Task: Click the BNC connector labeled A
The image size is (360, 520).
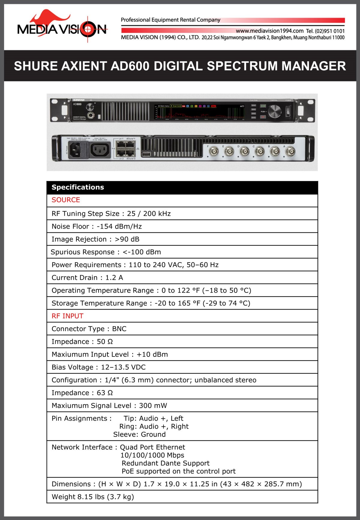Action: pyautogui.click(x=290, y=152)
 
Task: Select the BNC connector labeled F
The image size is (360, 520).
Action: pyautogui.click(x=214, y=152)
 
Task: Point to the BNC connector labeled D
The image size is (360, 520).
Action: pyautogui.click(x=244, y=152)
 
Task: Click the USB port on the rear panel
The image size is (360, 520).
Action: pyautogui.click(x=146, y=154)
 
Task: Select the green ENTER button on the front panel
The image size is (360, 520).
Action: pyautogui.click(x=263, y=106)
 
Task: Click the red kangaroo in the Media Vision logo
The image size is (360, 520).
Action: pyautogui.click(x=48, y=18)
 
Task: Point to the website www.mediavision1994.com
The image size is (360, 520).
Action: pyautogui.click(x=269, y=31)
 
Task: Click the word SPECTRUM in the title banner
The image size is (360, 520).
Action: pyautogui.click(x=243, y=66)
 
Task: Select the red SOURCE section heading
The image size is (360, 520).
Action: pyautogui.click(x=66, y=200)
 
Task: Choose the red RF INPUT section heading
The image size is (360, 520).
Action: pyautogui.click(x=67, y=316)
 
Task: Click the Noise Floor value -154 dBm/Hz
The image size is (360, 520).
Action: pyautogui.click(x=119, y=227)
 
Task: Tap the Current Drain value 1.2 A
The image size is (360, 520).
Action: pyautogui.click(x=114, y=278)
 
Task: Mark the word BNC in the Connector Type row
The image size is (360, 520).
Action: pyautogui.click(x=119, y=329)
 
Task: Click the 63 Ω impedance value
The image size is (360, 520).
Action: pyautogui.click(x=105, y=393)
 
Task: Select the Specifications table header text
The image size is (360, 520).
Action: pyautogui.click(x=78, y=187)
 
